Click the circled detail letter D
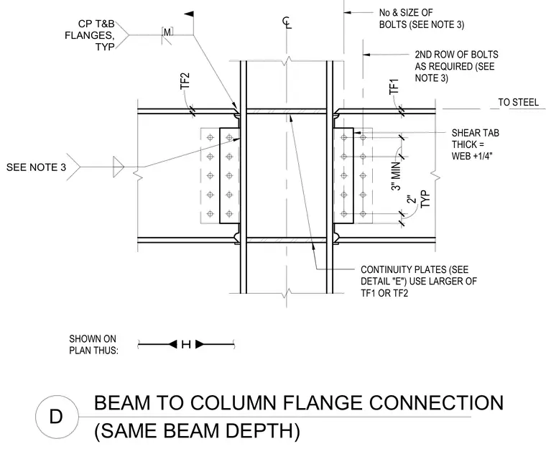56,417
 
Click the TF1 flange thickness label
394,86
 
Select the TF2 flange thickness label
185,80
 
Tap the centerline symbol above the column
287,23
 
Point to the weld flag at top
189,14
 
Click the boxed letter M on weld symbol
167,32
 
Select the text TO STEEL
518,102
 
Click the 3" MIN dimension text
397,177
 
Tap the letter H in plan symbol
186,345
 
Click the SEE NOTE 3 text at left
36,167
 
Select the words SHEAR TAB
476,133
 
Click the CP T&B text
96,24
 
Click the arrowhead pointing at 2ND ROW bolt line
366,55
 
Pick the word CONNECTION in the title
437,403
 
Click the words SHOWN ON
93,339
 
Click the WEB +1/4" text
473,156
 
